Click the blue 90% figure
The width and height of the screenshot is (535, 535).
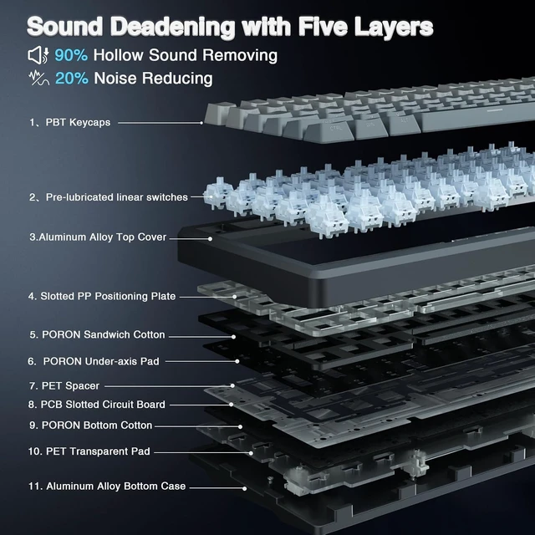[x=71, y=55]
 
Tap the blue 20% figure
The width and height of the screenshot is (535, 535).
[x=72, y=78]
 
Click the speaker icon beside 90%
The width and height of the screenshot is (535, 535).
[x=38, y=55]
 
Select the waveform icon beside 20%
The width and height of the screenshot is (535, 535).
[x=39, y=78]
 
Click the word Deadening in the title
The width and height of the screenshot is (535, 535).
[x=173, y=26]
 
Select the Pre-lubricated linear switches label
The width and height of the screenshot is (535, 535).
[x=109, y=197]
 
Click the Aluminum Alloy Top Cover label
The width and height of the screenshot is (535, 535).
[x=98, y=237]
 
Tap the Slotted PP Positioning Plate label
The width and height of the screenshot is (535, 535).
[x=102, y=296]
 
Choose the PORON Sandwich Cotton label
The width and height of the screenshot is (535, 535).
[x=97, y=334]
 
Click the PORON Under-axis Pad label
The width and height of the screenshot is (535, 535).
[x=94, y=361]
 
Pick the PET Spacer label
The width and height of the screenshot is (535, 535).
[x=64, y=386]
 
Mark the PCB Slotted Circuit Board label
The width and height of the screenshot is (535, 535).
[x=97, y=405]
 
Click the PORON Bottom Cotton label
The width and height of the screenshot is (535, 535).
[x=91, y=425]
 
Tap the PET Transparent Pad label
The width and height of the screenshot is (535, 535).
[x=89, y=451]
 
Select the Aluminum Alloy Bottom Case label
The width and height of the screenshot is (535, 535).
[x=107, y=487]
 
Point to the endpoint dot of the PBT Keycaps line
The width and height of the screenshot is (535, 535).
[x=201, y=123]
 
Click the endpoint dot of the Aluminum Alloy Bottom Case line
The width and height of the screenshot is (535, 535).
[x=244, y=488]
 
